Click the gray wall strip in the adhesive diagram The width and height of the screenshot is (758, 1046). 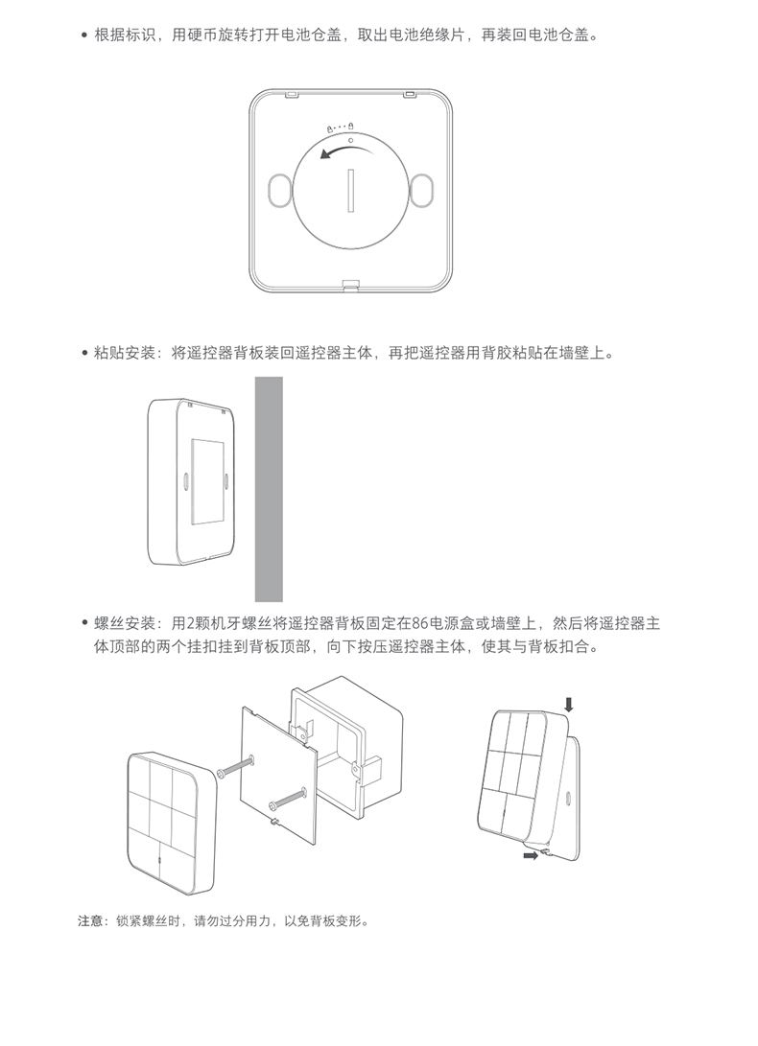pyautogui.click(x=269, y=489)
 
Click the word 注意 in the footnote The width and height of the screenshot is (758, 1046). pyautogui.click(x=90, y=921)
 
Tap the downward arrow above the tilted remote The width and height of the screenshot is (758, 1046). pyautogui.click(x=568, y=705)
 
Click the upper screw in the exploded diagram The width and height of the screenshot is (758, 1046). pyautogui.click(x=236, y=766)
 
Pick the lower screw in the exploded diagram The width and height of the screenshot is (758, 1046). pyautogui.click(x=288, y=798)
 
